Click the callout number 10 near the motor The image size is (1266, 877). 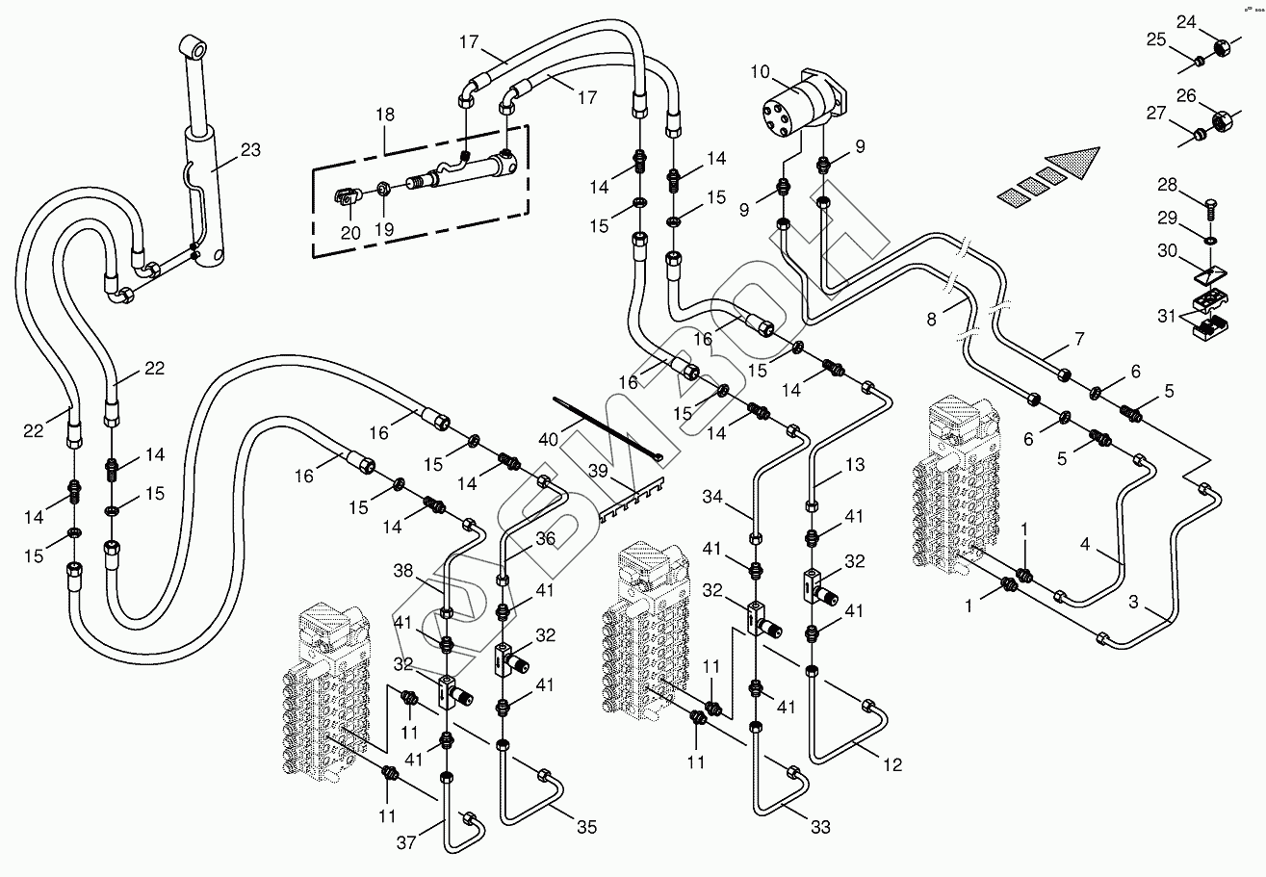(x=761, y=72)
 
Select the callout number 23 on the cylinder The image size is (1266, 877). (x=251, y=150)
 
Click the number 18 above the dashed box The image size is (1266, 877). (x=385, y=115)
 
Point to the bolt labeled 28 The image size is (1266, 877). (x=1209, y=211)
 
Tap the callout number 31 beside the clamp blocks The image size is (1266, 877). (x=1167, y=317)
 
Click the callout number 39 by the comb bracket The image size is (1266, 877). (x=599, y=470)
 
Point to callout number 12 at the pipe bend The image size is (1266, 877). (x=892, y=765)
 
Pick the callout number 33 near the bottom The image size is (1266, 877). (x=820, y=827)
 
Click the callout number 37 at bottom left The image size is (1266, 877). (x=406, y=842)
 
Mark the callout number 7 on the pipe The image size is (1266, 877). (x=1079, y=339)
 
